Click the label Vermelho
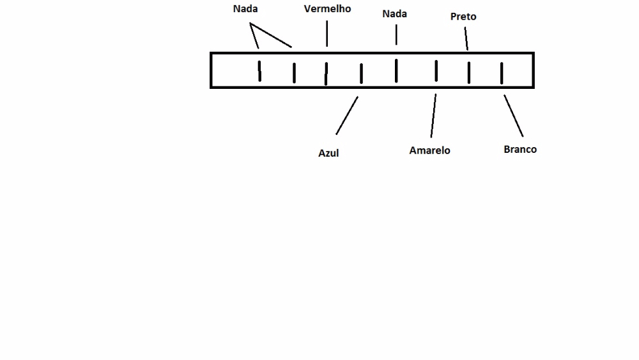pos(327,8)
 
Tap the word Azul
pos(328,153)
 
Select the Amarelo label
pos(429,150)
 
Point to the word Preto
pos(463,17)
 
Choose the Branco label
pos(520,149)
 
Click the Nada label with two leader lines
pos(245,8)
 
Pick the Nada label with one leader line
pos(394,14)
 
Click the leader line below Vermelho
pos(327,33)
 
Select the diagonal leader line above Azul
pos(347,115)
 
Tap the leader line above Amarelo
pos(433,116)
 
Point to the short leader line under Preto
pos(466,39)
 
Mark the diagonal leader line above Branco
pos(514,115)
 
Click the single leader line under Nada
pos(396,35)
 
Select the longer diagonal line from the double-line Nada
pos(270,35)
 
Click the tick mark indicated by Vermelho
pos(326,74)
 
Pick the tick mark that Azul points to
pos(361,74)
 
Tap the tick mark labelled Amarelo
pos(436,70)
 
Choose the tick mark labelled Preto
pos(468,72)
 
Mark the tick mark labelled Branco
pos(502,73)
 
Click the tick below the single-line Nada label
pos(396,70)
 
